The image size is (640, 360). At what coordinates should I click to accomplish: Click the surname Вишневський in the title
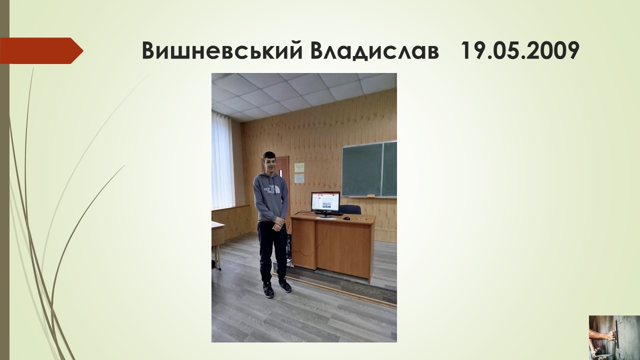click(x=222, y=50)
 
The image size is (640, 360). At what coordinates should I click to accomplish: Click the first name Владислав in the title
click(x=374, y=51)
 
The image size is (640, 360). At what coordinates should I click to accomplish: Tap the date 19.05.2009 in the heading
click(x=520, y=50)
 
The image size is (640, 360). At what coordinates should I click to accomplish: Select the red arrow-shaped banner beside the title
click(x=41, y=50)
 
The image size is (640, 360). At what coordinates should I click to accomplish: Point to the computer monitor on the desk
click(x=325, y=203)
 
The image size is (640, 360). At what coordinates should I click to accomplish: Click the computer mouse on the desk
click(x=346, y=218)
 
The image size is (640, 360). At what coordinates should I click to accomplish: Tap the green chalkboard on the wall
click(x=369, y=169)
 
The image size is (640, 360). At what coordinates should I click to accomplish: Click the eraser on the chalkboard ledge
click(x=371, y=195)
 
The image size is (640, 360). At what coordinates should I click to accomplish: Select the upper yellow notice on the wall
click(x=299, y=167)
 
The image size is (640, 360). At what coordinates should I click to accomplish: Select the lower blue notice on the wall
click(x=299, y=178)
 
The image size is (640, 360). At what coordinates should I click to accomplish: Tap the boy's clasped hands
click(x=277, y=224)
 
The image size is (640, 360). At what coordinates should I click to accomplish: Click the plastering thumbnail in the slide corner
click(x=614, y=337)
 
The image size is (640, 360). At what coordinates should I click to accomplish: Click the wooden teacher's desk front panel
click(x=343, y=248)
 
